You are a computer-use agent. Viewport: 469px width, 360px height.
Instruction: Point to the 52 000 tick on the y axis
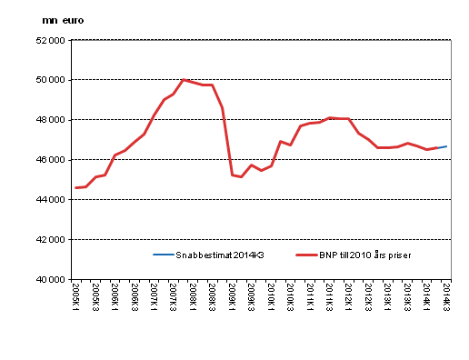coord(51,40)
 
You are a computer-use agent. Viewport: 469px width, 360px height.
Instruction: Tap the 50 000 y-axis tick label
coord(51,80)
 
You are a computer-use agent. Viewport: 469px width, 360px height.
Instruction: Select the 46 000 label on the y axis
coord(51,160)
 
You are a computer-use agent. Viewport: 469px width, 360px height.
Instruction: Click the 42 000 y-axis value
coord(51,240)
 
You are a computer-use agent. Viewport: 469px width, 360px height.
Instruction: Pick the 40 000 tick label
coord(51,280)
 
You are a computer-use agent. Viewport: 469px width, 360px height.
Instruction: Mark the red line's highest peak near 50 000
coord(184,80)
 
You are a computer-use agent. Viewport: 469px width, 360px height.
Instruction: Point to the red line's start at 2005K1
coord(76,187)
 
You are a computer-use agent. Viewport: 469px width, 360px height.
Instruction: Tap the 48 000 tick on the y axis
coord(51,120)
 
